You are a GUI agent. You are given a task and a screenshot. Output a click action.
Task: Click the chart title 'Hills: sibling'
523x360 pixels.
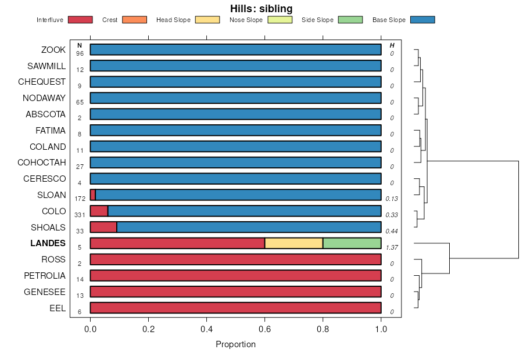click(261, 9)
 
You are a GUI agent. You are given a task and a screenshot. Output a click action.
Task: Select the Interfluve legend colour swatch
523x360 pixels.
click(80, 20)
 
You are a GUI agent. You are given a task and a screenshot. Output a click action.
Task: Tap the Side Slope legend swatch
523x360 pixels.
click(350, 20)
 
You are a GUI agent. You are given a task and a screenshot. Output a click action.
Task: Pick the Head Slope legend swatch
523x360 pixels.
click(207, 20)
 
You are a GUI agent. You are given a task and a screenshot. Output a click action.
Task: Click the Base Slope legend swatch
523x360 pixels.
click(422, 20)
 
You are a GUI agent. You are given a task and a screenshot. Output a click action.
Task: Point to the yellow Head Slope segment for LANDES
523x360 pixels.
click(293, 243)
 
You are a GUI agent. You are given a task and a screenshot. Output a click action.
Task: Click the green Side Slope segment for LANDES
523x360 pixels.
click(352, 243)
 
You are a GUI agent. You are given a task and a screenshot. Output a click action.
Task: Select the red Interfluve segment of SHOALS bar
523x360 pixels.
click(103, 227)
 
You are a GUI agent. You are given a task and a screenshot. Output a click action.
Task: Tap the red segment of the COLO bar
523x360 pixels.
click(99, 211)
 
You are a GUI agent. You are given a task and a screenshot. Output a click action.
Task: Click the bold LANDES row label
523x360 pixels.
click(48, 243)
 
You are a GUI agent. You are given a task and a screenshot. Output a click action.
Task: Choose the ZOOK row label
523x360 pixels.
click(53, 50)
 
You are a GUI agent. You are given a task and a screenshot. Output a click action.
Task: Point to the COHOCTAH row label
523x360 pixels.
click(41, 163)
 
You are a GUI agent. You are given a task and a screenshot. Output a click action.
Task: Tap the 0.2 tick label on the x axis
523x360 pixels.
click(148, 329)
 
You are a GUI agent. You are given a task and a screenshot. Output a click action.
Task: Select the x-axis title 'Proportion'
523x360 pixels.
click(235, 344)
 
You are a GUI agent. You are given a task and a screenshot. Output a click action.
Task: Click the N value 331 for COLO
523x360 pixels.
click(80, 215)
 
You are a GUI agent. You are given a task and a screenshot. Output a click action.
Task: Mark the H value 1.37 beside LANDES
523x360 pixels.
click(392, 247)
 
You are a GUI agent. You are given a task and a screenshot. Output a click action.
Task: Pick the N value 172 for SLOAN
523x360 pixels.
click(80, 199)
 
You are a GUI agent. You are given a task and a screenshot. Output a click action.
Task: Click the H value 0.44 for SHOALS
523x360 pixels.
click(392, 231)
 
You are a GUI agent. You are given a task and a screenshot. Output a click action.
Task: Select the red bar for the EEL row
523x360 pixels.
click(235, 308)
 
